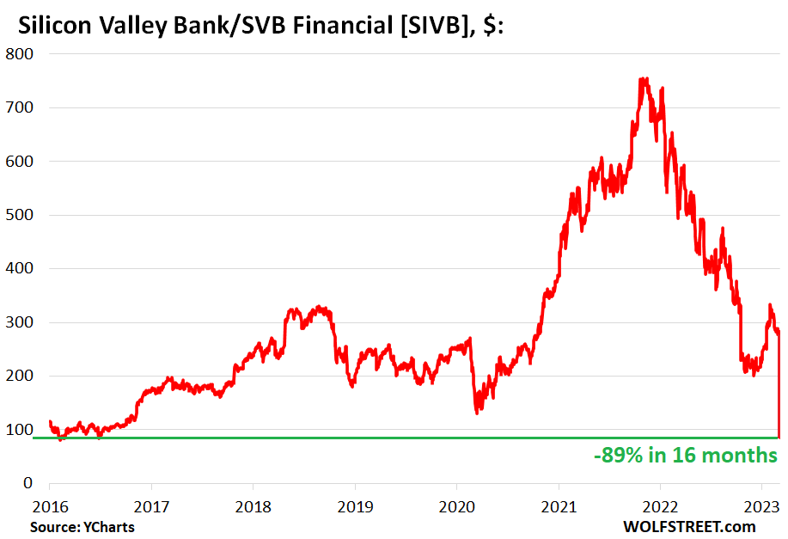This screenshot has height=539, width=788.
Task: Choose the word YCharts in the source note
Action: [x=108, y=526]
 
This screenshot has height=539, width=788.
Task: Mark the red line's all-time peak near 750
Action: [x=643, y=79]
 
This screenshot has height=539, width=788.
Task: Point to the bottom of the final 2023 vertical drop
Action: [x=779, y=437]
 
